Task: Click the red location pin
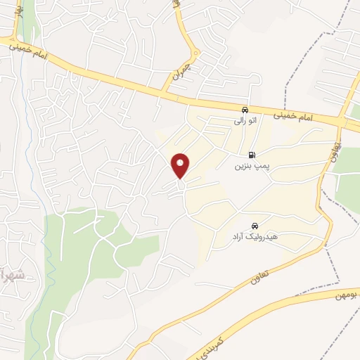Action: point(181,165)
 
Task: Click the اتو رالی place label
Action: point(245,120)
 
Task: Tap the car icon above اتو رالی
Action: point(244,110)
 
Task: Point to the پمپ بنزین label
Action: point(252,167)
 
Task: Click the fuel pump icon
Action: point(251,155)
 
